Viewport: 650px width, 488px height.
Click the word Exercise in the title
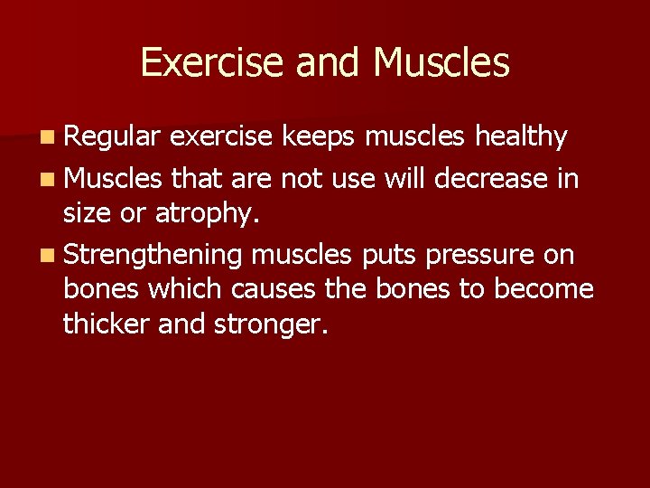coord(209,62)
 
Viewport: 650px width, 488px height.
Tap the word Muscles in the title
coord(441,62)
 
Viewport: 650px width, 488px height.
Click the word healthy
coord(521,137)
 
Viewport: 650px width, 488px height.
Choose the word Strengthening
coord(153,257)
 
